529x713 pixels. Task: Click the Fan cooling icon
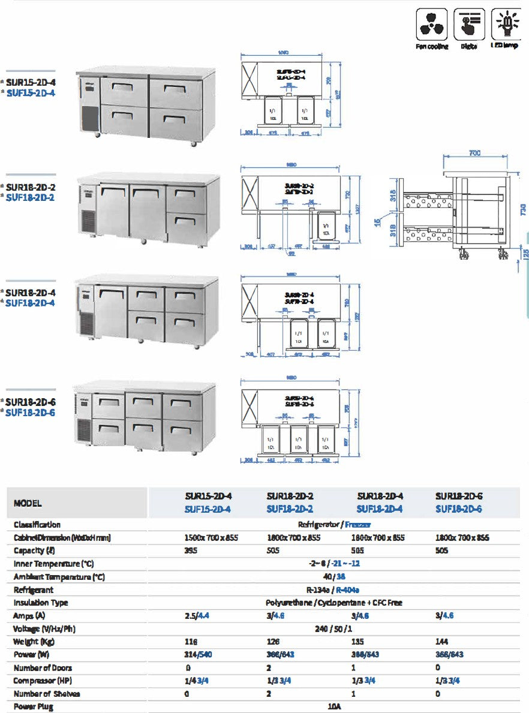(432, 24)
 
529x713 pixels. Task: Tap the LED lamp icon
(507, 24)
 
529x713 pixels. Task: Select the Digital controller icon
(469, 24)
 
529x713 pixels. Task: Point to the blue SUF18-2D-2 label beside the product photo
(31, 197)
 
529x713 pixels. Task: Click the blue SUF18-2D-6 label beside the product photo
(31, 413)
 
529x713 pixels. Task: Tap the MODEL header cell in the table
(28, 503)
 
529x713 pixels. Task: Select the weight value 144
(441, 642)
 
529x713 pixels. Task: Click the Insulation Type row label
(41, 603)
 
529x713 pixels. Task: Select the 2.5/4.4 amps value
(197, 616)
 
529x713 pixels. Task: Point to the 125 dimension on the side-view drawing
(525, 253)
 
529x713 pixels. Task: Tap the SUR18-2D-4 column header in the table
(380, 497)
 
